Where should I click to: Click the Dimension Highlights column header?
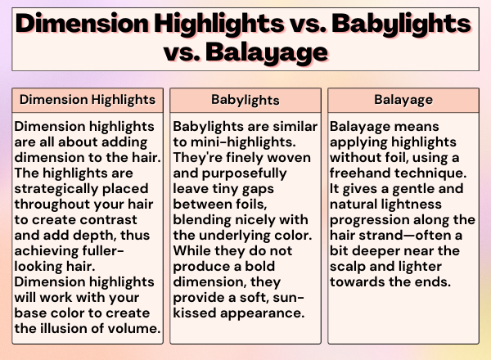point(88,100)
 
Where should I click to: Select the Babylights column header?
point(245,100)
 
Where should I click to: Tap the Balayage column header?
point(403,100)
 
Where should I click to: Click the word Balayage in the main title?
point(267,52)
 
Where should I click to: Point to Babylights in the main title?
point(402,25)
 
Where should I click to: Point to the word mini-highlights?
point(243,142)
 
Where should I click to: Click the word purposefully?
point(244,173)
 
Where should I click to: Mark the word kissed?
point(195,313)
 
